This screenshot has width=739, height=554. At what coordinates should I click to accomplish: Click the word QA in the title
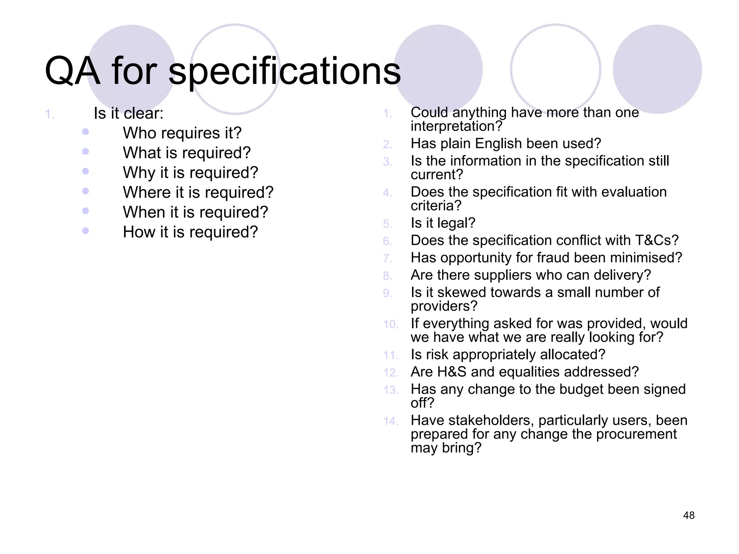(x=72, y=71)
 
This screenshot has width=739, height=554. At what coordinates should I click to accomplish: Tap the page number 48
(x=688, y=515)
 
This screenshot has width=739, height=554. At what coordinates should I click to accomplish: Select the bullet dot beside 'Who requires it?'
(x=86, y=132)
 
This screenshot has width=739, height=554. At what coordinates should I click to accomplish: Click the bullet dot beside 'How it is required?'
(x=86, y=230)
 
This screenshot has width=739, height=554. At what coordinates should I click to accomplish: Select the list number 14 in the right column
(x=390, y=421)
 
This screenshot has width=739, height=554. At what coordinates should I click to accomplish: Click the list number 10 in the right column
(x=390, y=324)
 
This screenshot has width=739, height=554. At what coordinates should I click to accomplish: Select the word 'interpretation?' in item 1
(x=456, y=126)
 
